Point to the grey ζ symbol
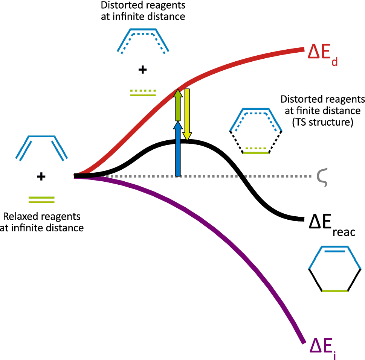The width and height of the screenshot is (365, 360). [x=322, y=178]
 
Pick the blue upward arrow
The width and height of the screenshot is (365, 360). [x=178, y=148]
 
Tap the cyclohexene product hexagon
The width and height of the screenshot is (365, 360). [x=335, y=269]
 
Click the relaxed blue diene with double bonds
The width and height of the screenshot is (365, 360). [x=41, y=147]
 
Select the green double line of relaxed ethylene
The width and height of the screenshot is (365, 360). [x=41, y=200]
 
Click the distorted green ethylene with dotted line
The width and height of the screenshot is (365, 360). [x=143, y=93]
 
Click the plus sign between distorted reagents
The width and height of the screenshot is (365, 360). [x=142, y=70]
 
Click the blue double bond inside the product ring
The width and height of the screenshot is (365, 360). [x=335, y=250]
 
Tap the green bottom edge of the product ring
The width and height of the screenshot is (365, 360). [x=335, y=290]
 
